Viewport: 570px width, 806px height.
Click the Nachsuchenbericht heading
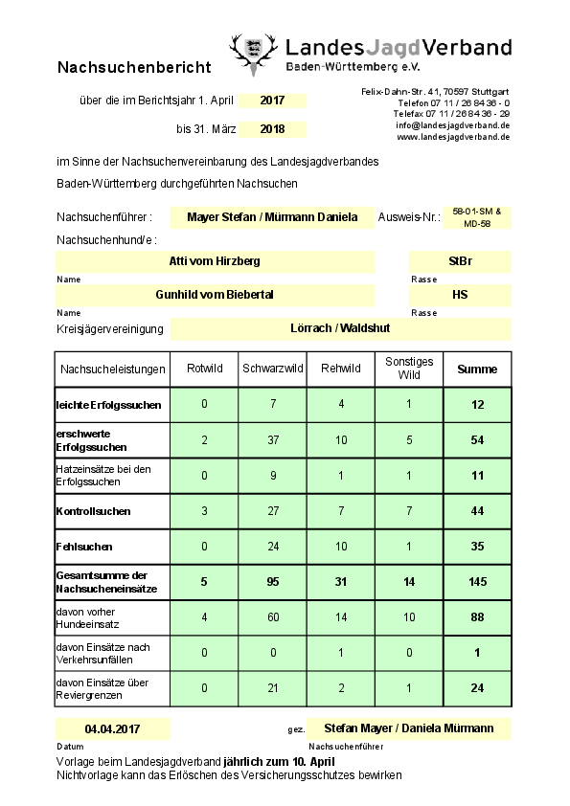pos(133,68)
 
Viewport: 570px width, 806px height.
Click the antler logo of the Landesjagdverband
pos(253,56)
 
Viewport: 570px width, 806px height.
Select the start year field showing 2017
pos(272,101)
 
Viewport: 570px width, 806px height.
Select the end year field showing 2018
pos(272,129)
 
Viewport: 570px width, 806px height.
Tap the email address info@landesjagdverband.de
pos(451,125)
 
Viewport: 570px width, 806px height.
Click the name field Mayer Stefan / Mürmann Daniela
pos(272,217)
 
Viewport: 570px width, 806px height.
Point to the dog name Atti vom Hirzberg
pos(215,260)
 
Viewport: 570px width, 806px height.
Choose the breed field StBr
pos(460,260)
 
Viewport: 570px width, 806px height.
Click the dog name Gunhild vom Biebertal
pos(215,295)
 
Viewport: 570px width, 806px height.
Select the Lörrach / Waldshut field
pos(340,328)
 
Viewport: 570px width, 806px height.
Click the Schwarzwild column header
pos(273,369)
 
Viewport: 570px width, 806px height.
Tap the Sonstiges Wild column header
pos(409,369)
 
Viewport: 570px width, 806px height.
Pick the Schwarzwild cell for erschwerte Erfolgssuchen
pos(273,440)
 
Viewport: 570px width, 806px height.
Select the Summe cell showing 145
pos(477,581)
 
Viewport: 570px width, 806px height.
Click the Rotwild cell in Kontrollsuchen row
pos(204,510)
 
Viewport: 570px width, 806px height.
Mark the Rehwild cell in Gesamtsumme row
pos(340,581)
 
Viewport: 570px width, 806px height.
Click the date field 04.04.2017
pos(112,729)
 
